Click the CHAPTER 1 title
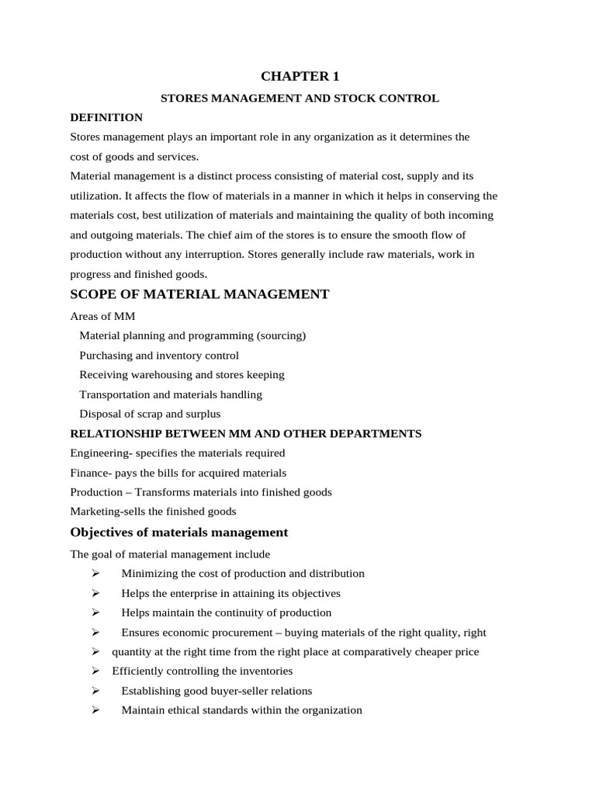coord(300,76)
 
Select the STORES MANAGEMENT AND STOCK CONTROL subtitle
coord(300,99)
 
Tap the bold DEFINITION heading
coord(106,117)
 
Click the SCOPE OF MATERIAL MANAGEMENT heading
coord(199,294)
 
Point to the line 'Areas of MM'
coord(102,316)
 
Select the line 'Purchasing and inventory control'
coord(159,356)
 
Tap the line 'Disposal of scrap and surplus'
coord(150,414)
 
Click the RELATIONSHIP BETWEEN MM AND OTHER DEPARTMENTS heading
coord(246,433)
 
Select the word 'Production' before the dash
coord(96,492)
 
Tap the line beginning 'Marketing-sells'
coord(153,512)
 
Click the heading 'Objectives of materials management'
coord(178,533)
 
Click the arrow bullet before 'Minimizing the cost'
coord(95,574)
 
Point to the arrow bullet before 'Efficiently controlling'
coord(95,671)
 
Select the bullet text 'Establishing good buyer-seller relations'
coord(217,690)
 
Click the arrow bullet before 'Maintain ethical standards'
coord(95,710)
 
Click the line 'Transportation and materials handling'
coord(171,394)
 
